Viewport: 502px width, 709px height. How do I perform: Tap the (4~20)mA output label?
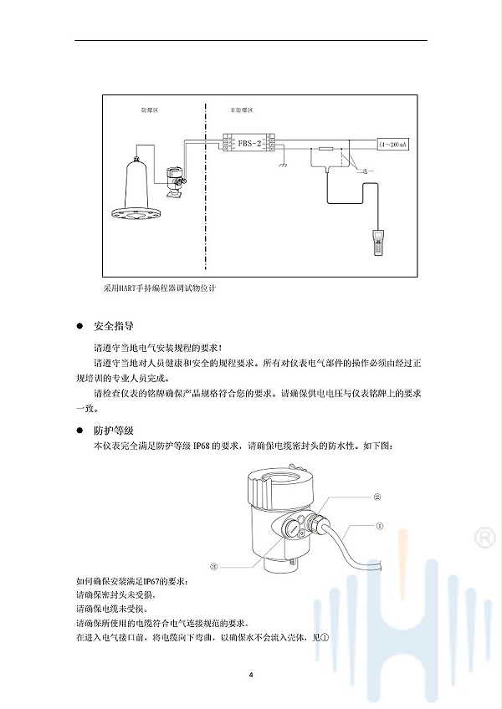pyautogui.click(x=392, y=145)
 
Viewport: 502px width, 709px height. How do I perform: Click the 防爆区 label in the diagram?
pyautogui.click(x=150, y=110)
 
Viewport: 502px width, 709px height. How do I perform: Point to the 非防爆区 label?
pyautogui.click(x=240, y=110)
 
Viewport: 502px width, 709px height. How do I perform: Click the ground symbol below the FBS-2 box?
pyautogui.click(x=284, y=164)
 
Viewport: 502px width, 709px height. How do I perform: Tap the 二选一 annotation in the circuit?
pyautogui.click(x=364, y=171)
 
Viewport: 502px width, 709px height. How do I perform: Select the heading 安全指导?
pyautogui.click(x=114, y=325)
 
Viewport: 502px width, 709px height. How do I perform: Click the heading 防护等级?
pyautogui.click(x=114, y=430)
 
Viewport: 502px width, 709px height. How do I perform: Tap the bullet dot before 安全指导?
pyautogui.click(x=80, y=325)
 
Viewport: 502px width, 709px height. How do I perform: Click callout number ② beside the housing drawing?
pyautogui.click(x=377, y=496)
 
